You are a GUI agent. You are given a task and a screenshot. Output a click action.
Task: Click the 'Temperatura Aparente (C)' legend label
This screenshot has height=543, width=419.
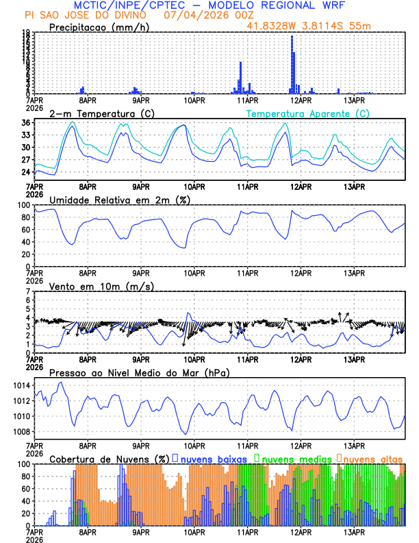pyautogui.click(x=308, y=113)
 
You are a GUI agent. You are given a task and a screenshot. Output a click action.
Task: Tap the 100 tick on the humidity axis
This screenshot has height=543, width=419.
pyautogui.click(x=23, y=205)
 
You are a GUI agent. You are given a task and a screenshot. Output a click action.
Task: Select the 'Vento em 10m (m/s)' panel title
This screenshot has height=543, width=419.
pyautogui.click(x=101, y=286)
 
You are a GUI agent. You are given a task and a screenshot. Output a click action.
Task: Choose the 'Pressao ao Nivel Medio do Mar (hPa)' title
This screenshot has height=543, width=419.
pyautogui.click(x=139, y=372)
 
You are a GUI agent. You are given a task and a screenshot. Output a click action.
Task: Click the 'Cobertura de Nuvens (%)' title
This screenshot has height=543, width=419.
pyautogui.click(x=109, y=459)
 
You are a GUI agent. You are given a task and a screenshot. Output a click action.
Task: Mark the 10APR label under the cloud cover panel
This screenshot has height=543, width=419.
pyautogui.click(x=194, y=532)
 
